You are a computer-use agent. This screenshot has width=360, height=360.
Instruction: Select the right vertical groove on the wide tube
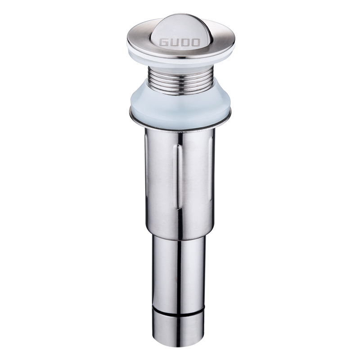click(x=208, y=171)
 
